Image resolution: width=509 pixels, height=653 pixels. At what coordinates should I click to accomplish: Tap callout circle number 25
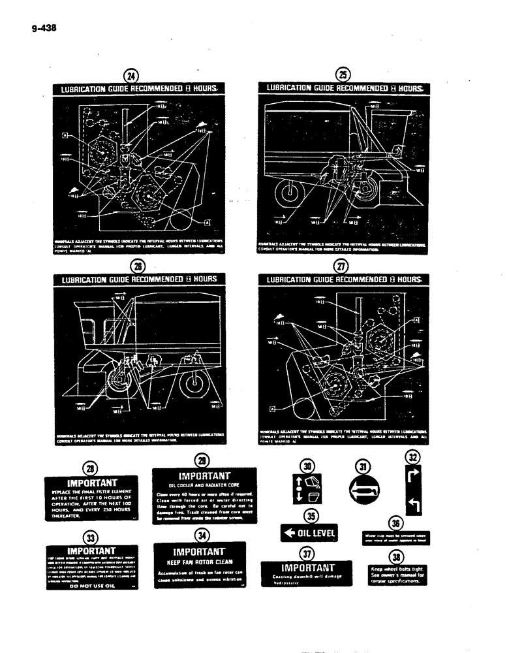[341, 75]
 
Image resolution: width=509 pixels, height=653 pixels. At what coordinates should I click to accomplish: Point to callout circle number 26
[137, 265]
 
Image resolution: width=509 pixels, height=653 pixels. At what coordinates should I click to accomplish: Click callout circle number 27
[341, 266]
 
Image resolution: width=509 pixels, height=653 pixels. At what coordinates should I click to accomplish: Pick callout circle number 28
[89, 468]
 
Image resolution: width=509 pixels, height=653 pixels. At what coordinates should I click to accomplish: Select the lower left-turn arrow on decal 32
[412, 503]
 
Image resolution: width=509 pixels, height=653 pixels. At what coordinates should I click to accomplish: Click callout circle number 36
[395, 523]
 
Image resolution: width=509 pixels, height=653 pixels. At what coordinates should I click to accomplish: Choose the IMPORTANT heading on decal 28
[89, 483]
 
